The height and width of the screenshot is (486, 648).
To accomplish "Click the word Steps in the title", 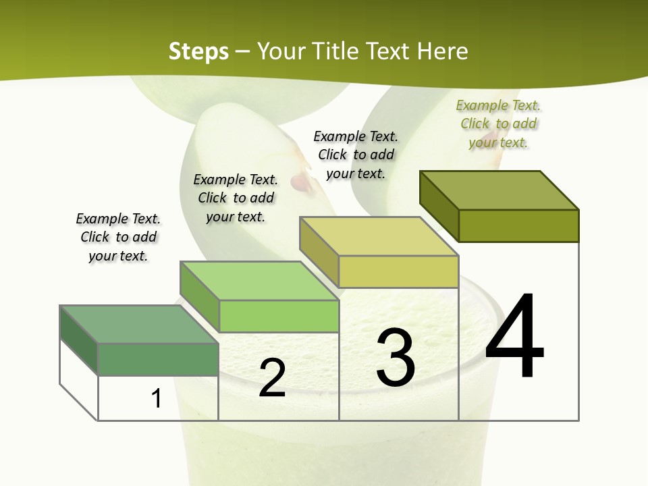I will (x=198, y=51).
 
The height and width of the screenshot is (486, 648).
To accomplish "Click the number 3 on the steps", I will (x=396, y=358).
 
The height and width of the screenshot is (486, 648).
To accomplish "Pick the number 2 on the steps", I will (x=272, y=378).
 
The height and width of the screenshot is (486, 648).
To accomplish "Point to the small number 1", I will (x=157, y=399).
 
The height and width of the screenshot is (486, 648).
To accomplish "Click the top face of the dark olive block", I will (x=500, y=190).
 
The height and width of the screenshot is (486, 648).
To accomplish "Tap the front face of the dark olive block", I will (x=518, y=225).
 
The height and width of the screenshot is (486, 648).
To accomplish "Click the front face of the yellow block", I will (x=398, y=271).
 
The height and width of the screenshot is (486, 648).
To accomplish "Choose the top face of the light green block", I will (x=259, y=281).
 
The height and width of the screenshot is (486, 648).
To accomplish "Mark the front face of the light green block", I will (x=278, y=316).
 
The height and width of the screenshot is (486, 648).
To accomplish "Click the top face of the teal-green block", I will (x=139, y=324).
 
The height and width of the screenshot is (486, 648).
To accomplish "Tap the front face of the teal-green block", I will (x=158, y=359).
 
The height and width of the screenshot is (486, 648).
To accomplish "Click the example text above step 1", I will (x=118, y=238).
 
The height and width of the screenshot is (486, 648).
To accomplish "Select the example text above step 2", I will (x=236, y=198).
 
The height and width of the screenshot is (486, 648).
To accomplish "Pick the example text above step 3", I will (x=356, y=155).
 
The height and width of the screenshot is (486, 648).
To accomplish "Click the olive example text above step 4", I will (x=499, y=124).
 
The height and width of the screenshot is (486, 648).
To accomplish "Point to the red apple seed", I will (x=298, y=180).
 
